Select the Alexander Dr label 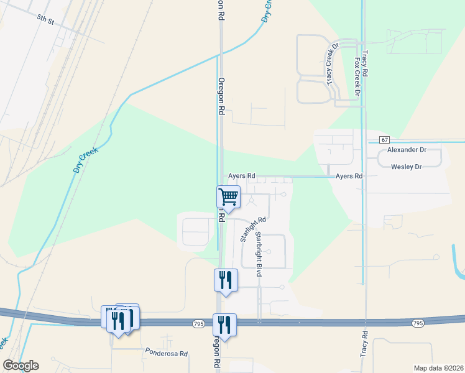tap(407, 150)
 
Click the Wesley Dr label tap(407, 167)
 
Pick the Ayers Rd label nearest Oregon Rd tap(242, 176)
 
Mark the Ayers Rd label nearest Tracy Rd tap(349, 177)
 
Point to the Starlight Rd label tap(253, 229)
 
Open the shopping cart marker tap(228, 197)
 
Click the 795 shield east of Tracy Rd tap(418, 323)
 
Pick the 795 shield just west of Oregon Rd tap(198, 324)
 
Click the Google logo tap(21, 366)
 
